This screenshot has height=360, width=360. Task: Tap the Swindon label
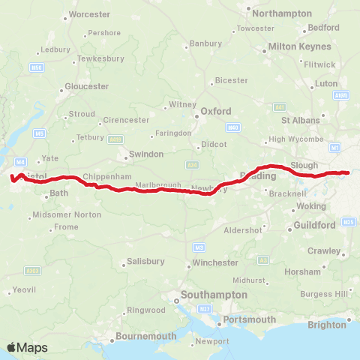pos(146,154)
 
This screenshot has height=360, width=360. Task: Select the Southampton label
pos(212,295)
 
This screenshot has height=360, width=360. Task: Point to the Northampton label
pos(282,13)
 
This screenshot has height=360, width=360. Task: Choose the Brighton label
pos(327,325)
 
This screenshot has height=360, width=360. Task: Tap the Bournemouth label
pos(145,336)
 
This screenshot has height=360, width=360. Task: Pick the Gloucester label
pos(87,86)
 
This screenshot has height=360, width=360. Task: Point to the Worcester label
pos(89,14)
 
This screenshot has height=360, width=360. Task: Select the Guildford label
pos(314,224)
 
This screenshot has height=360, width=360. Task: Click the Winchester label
pos(215,263)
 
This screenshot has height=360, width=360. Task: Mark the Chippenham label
pos(101,176)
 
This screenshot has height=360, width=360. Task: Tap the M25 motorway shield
pos(347,222)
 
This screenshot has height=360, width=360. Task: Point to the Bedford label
pos(324,28)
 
